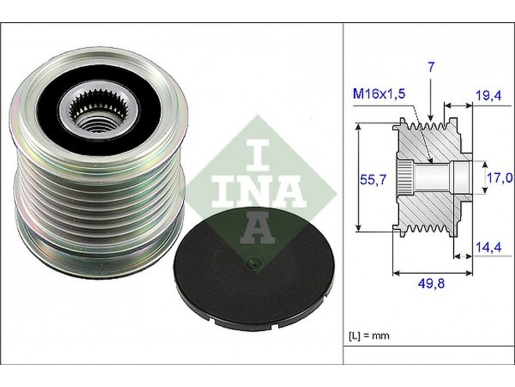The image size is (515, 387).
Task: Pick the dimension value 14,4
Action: pyautogui.click(x=486, y=246)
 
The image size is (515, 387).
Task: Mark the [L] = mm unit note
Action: pyautogui.click(x=370, y=336)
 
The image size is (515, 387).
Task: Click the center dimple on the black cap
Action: pyautogui.click(x=253, y=261)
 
